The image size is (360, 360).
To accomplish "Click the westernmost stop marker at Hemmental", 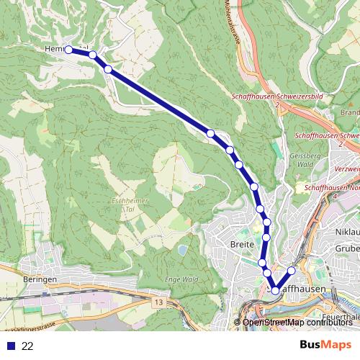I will [68, 50].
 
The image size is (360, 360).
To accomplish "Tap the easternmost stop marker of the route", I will [292, 271].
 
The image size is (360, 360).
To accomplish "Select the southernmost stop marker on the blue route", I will [275, 291].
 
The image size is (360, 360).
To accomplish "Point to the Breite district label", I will [243, 245].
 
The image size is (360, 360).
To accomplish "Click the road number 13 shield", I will [158, 302].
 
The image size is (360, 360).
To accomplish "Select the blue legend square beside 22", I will [10, 346].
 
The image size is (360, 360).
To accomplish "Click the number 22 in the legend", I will [27, 346].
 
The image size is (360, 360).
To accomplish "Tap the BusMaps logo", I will [325, 346].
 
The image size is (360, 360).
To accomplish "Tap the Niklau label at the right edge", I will [348, 232].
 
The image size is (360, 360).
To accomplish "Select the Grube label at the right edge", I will [348, 248].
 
